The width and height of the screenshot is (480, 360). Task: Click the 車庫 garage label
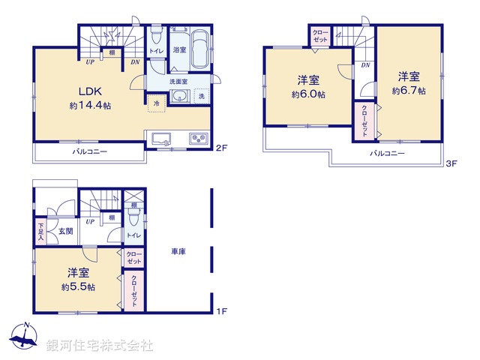178,252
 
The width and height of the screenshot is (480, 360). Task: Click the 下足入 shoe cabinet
41,231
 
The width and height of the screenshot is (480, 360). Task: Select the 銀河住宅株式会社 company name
99,346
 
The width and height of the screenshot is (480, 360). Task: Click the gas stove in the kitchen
198,138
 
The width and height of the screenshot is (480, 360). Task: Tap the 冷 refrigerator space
157,103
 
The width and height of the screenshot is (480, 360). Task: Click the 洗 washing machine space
201,97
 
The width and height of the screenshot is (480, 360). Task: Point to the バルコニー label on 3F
387,153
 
